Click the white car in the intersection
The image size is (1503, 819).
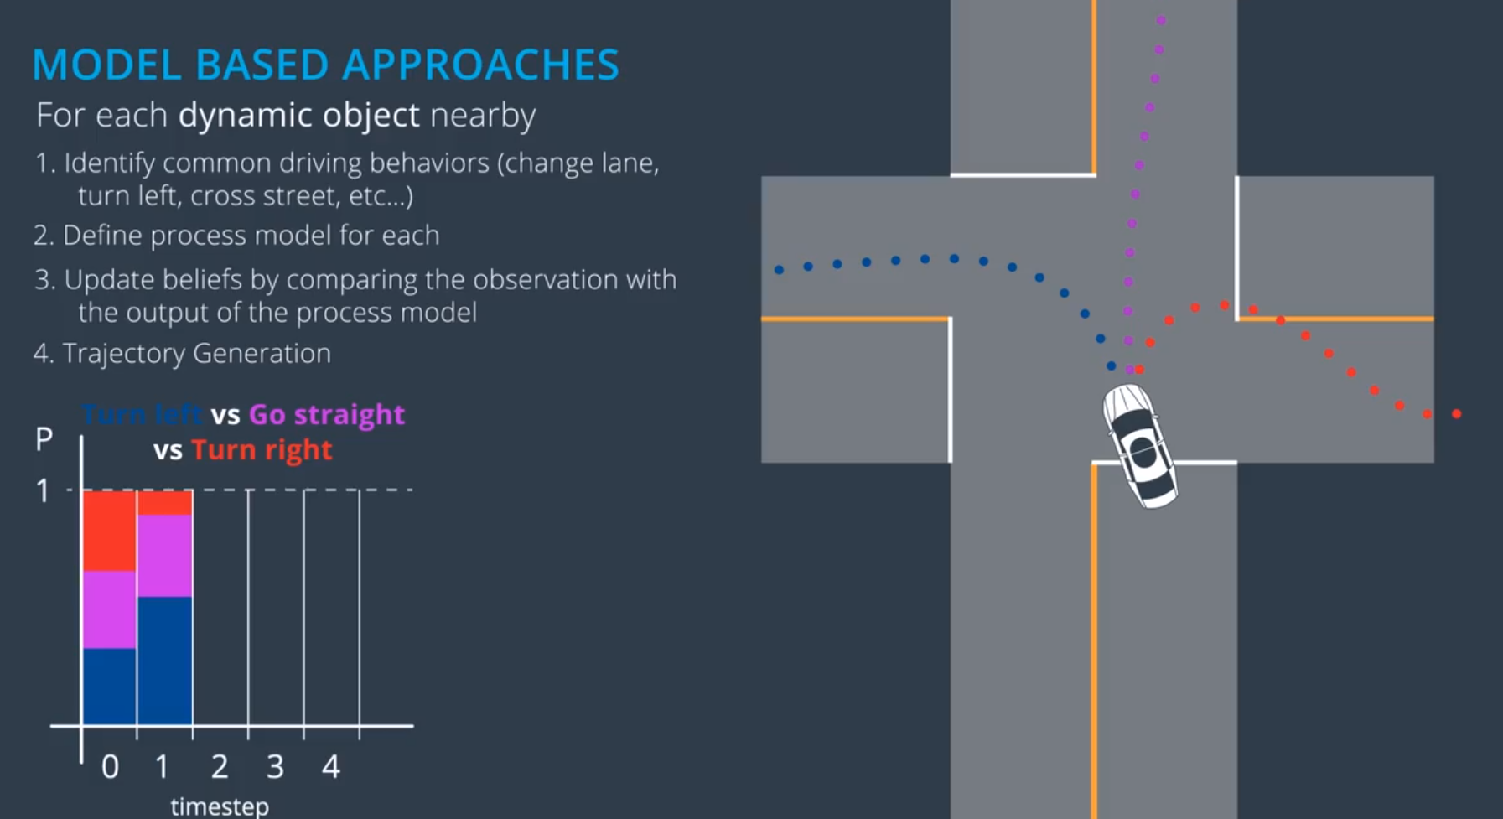1140,445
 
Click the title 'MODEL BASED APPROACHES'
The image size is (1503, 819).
325,65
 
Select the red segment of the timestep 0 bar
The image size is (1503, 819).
109,531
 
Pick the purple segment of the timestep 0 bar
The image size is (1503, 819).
109,609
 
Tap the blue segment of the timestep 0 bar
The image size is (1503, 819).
109,686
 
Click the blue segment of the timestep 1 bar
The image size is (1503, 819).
165,661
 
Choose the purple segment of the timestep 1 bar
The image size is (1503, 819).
165,555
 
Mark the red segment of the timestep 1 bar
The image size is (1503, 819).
165,502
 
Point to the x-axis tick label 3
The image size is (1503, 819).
275,766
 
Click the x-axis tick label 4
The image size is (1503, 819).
331,766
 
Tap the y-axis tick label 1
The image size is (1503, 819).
43,490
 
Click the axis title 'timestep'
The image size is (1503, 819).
220,806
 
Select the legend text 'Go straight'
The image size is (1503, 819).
327,414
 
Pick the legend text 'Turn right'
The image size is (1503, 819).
262,450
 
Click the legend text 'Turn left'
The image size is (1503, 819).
142,414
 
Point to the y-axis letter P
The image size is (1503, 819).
44,438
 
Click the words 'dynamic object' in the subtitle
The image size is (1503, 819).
298,115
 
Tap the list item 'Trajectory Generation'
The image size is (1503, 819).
196,353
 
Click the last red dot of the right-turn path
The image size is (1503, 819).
1457,414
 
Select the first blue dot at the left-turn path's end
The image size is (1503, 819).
779,270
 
